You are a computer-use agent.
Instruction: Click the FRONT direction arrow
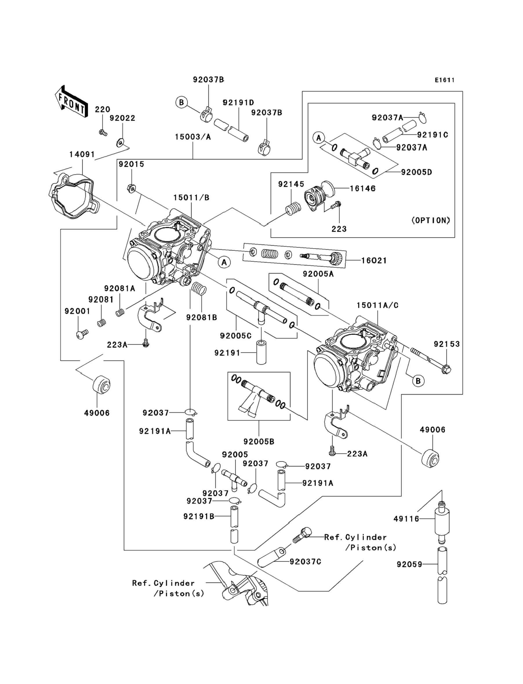pyautogui.click(x=71, y=101)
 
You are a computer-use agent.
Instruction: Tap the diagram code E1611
pyautogui.click(x=444, y=80)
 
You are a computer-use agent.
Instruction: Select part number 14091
pyautogui.click(x=82, y=155)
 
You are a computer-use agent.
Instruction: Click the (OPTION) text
pyautogui.click(x=431, y=220)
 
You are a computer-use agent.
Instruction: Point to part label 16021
pyautogui.click(x=374, y=261)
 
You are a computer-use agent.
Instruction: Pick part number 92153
pyautogui.click(x=447, y=344)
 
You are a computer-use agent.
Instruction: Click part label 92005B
pyautogui.click(x=259, y=442)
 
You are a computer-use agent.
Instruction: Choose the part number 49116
pyautogui.click(x=406, y=519)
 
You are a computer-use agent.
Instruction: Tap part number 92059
pyautogui.click(x=409, y=564)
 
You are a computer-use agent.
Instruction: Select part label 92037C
pyautogui.click(x=305, y=562)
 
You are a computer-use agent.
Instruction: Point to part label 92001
pyautogui.click(x=77, y=311)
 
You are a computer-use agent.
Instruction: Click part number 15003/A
pyautogui.click(x=193, y=137)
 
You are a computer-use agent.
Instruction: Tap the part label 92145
pyautogui.click(x=291, y=184)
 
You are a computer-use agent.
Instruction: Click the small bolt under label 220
pyautogui.click(x=103, y=133)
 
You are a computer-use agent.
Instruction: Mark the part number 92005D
pyautogui.click(x=416, y=172)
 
